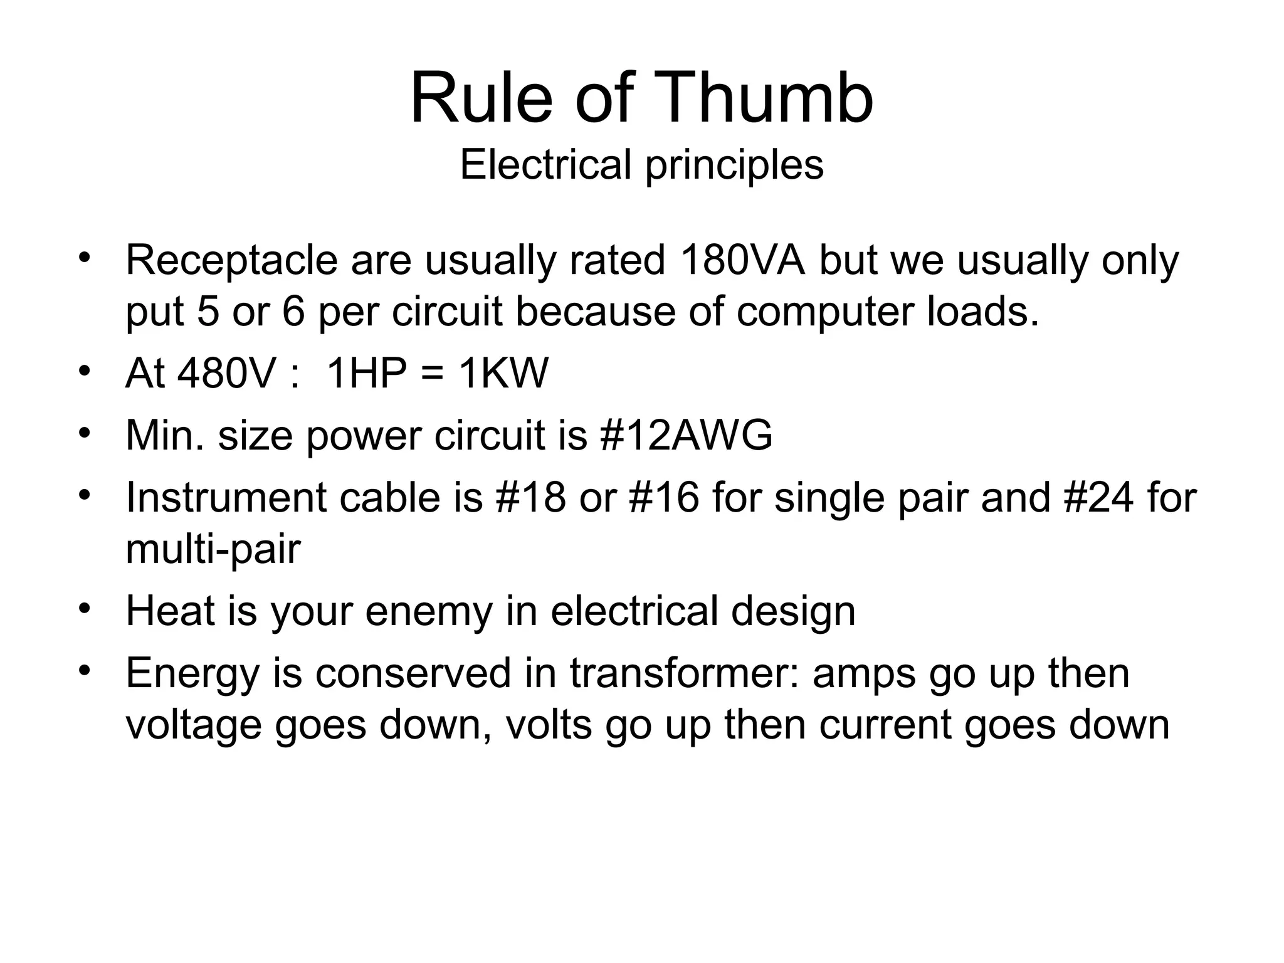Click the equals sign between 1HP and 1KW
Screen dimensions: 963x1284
click(436, 374)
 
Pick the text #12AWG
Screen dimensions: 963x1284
click(686, 434)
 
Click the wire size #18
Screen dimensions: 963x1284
click(530, 497)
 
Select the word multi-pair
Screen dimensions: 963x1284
click(213, 550)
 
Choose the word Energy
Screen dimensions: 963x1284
click(192, 674)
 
